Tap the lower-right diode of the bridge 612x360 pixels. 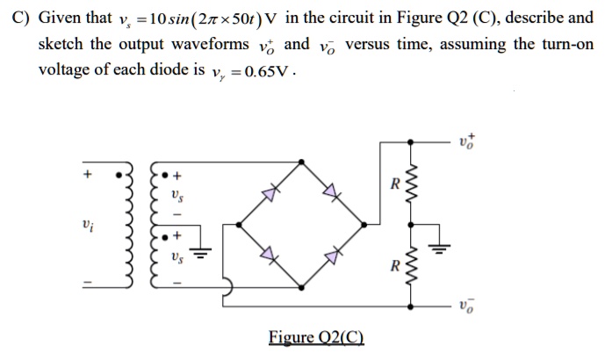tap(332, 256)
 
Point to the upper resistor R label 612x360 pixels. tap(396, 185)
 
